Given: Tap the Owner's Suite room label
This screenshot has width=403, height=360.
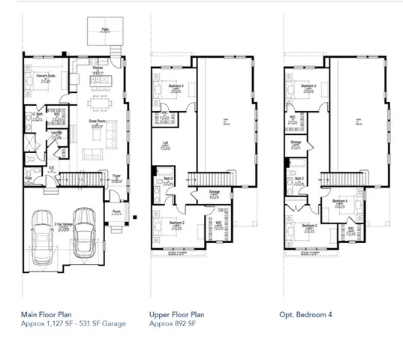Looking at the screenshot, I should (x=39, y=76).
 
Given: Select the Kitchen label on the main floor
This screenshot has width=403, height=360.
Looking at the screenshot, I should (x=98, y=67).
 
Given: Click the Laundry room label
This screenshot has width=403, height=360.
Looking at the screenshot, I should (x=56, y=133).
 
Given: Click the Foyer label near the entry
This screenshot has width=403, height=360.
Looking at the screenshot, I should (x=117, y=177).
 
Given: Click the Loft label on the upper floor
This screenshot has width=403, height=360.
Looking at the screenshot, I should (x=165, y=142).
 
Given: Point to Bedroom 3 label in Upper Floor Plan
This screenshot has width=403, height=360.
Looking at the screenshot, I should (x=177, y=87).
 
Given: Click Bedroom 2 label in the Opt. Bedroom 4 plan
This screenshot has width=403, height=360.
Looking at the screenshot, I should (x=309, y=225).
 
